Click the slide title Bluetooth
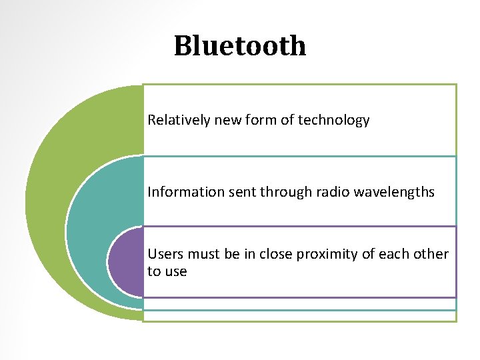240,46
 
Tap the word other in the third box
431,254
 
